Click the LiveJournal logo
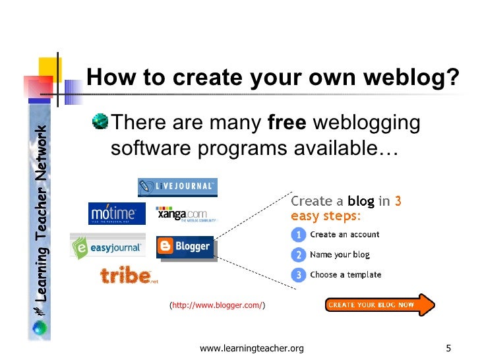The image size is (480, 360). (x=177, y=187)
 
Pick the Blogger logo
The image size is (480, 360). (x=185, y=247)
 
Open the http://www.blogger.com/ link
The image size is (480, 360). (x=218, y=305)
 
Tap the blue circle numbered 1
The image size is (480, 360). (x=298, y=235)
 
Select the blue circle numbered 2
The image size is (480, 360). (x=298, y=255)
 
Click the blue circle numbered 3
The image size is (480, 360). (x=298, y=275)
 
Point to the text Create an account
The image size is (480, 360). (x=344, y=235)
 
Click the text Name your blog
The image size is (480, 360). (x=340, y=255)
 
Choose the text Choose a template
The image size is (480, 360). (x=345, y=275)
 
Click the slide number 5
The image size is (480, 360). (x=448, y=348)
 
